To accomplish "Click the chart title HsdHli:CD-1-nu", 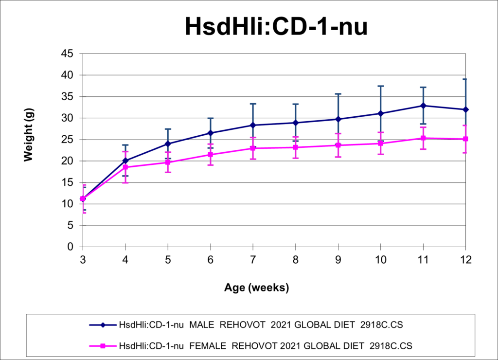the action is click(x=276, y=26).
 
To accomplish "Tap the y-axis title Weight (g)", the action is click(x=28, y=135).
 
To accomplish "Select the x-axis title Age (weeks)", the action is click(x=257, y=288).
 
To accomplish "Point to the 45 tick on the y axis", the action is click(x=67, y=54).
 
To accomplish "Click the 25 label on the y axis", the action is click(x=67, y=140).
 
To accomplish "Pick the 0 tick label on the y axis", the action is click(x=70, y=247).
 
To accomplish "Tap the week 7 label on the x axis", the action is click(x=253, y=260).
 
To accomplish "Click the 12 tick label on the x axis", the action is click(x=465, y=260).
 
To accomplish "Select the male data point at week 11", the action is click(x=423, y=106).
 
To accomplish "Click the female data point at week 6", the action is click(x=210, y=155).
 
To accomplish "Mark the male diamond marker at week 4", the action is click(x=125, y=161).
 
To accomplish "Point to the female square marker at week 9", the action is click(x=338, y=145).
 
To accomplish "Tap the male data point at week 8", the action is click(x=295, y=123).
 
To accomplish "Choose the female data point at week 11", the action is click(x=423, y=138).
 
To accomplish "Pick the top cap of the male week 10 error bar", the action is click(x=380, y=86).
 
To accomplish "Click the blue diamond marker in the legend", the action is click(x=103, y=325).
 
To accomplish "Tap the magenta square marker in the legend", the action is click(x=103, y=346).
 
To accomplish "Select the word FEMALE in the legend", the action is click(x=208, y=346).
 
